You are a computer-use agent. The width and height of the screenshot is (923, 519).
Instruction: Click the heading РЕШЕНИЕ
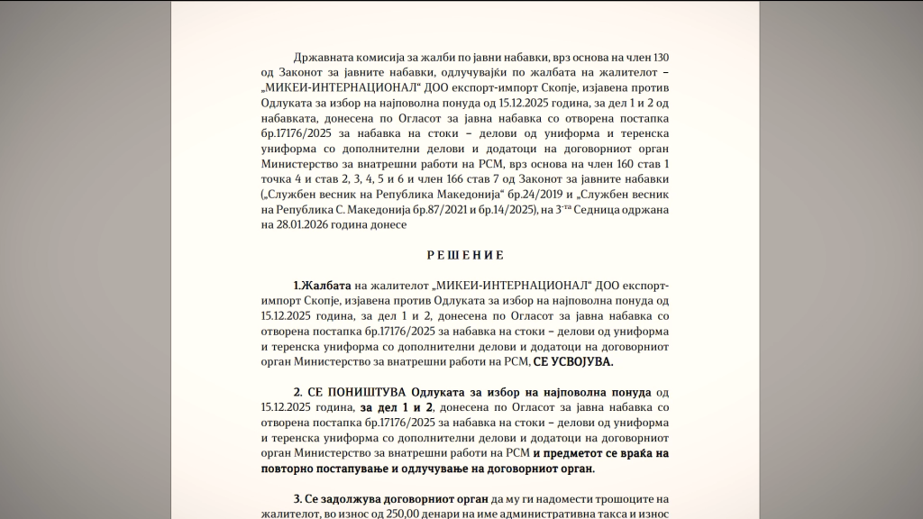click(465, 255)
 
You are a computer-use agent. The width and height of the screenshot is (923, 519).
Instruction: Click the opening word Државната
click(326, 57)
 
